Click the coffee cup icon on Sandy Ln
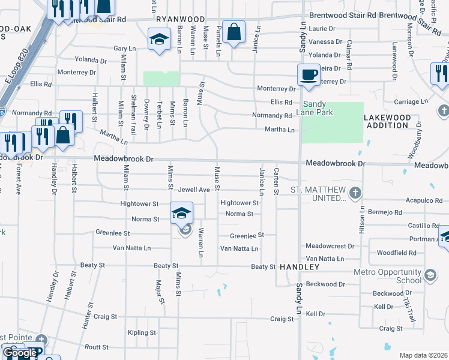pos(309,75)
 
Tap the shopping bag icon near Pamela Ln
pos(234,33)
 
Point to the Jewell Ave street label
pos(193,190)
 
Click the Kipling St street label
pos(142,332)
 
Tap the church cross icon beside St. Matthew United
pos(355,193)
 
